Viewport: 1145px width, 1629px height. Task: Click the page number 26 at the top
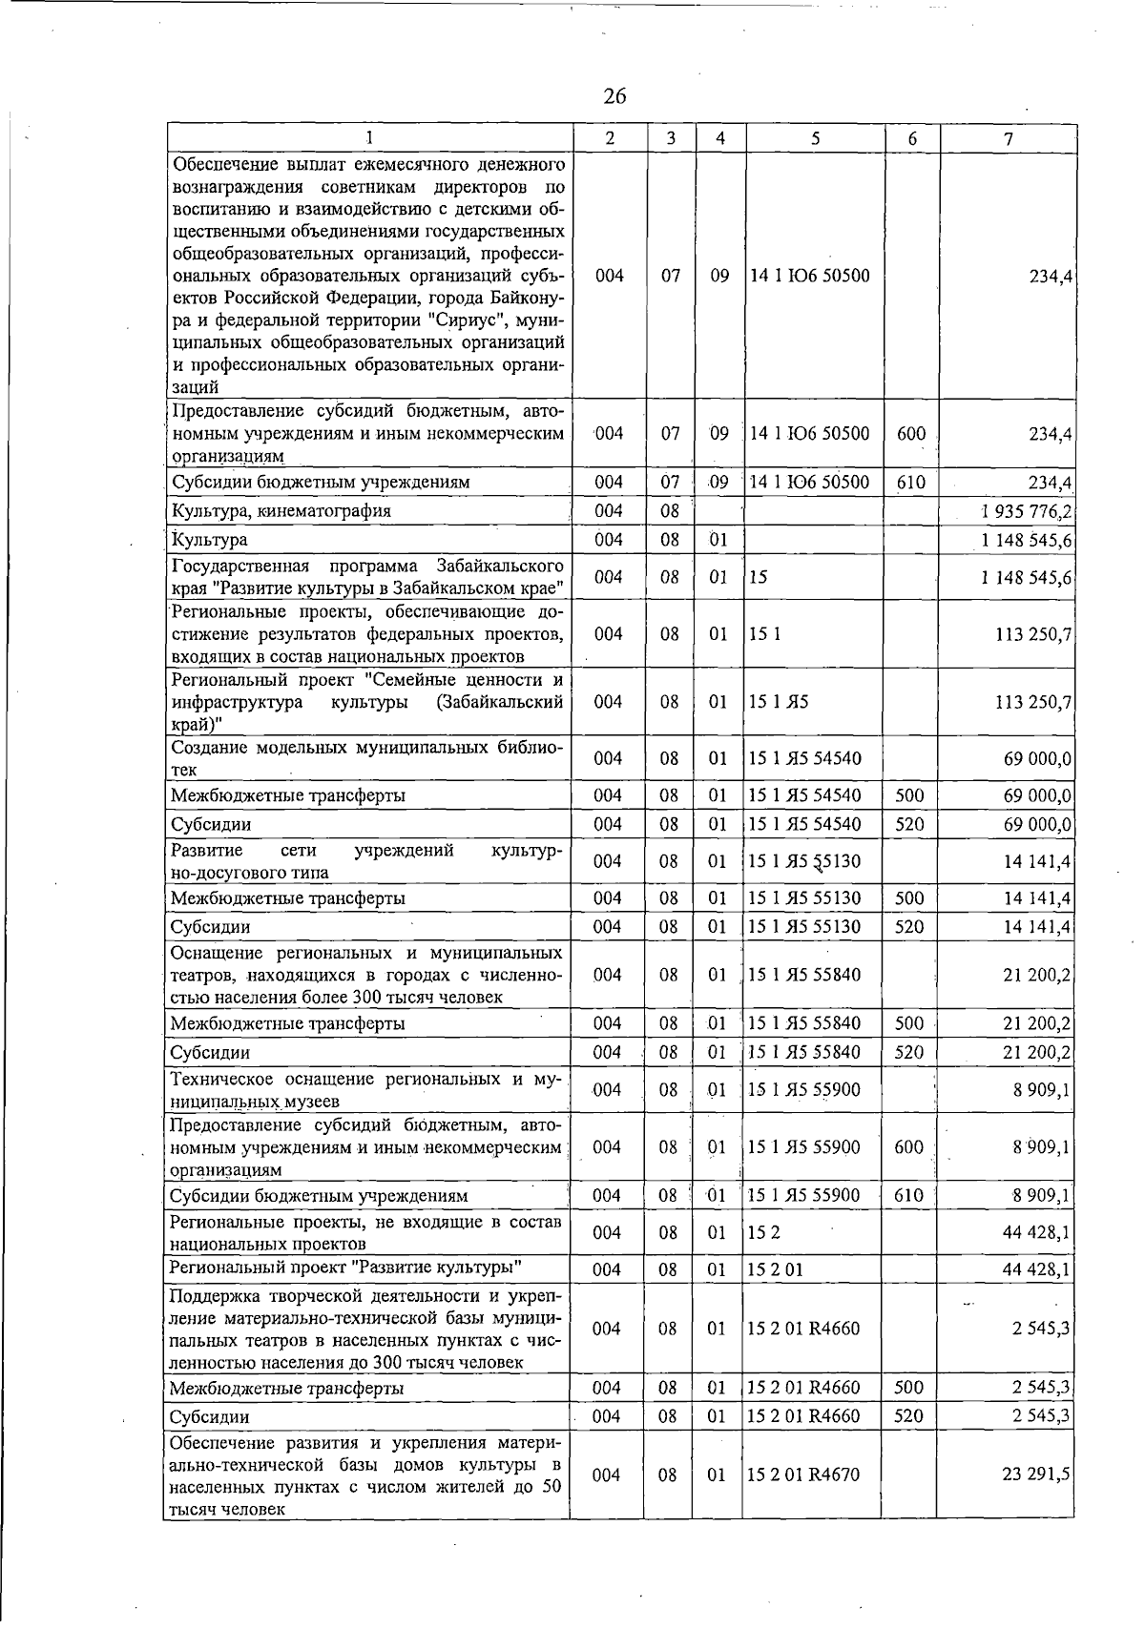point(614,96)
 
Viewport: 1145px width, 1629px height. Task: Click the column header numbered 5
point(815,138)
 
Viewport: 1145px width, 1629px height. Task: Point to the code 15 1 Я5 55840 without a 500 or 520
point(804,975)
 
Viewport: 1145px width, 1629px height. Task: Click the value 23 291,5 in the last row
point(1036,1474)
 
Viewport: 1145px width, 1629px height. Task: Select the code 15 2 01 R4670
point(803,1474)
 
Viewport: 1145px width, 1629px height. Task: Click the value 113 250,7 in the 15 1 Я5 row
point(1033,702)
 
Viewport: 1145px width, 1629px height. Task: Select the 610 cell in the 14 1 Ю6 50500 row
point(911,482)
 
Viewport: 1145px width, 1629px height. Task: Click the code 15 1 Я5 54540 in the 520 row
point(804,824)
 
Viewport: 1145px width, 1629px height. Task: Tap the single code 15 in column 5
point(759,577)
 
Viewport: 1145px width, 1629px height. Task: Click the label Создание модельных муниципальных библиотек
point(366,758)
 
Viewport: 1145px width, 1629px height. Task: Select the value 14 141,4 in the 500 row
point(1037,898)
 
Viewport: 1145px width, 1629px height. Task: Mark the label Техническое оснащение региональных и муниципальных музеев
point(366,1090)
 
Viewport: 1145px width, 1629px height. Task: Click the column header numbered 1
point(368,138)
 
